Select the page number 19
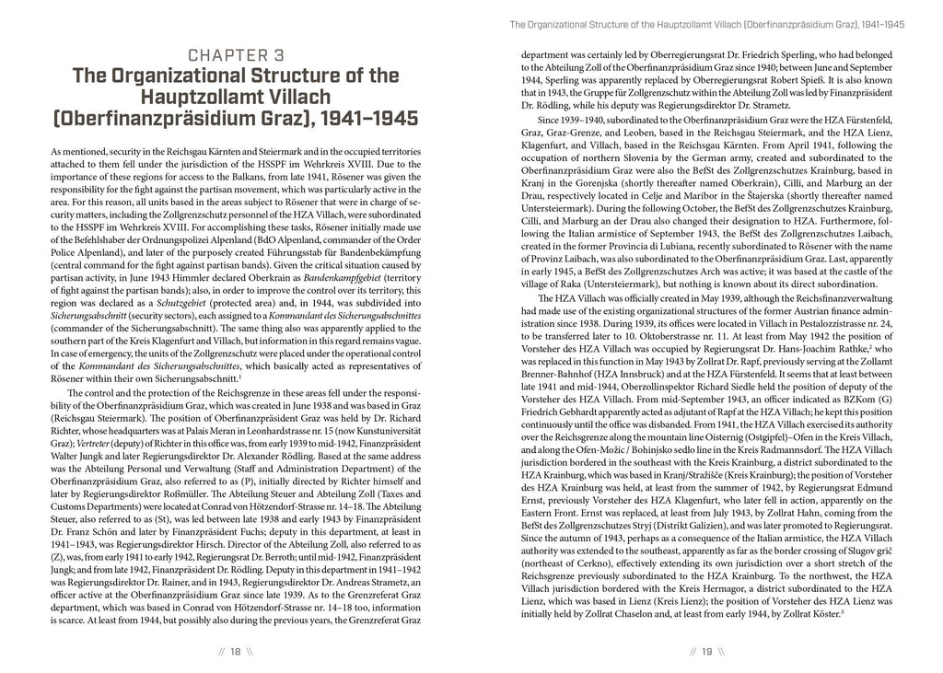[x=706, y=652]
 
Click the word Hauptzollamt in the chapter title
[x=206, y=97]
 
